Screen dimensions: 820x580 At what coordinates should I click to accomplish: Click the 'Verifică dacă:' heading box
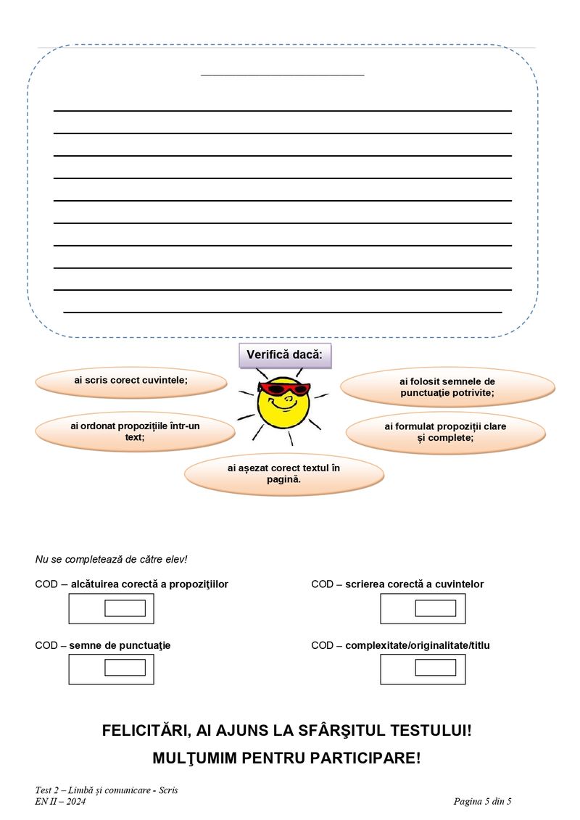(285, 355)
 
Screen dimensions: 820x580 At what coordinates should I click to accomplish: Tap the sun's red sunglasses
(283, 389)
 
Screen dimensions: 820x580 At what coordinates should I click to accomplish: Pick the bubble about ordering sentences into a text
(135, 431)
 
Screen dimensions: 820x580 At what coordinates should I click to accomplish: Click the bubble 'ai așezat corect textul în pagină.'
(283, 473)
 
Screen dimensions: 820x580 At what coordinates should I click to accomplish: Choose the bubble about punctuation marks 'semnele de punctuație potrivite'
(447, 386)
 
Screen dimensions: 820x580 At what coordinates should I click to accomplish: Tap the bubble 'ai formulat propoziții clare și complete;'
(445, 432)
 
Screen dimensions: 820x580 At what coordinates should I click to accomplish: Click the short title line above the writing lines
(282, 75)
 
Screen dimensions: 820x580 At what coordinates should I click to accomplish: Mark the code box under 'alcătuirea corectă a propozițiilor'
(125, 608)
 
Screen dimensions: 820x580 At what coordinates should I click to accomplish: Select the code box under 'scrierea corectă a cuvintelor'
(435, 608)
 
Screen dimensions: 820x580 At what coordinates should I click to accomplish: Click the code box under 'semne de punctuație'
(125, 668)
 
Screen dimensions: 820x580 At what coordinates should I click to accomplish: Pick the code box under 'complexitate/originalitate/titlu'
(435, 668)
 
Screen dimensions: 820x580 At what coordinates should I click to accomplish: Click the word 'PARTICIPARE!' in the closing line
(365, 758)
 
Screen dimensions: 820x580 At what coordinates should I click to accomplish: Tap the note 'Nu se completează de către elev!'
(111, 560)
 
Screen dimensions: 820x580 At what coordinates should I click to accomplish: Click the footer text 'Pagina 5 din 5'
(482, 801)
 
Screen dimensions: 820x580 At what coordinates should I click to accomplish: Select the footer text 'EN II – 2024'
(60, 801)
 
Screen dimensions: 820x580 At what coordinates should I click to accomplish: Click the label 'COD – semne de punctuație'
(103, 645)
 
